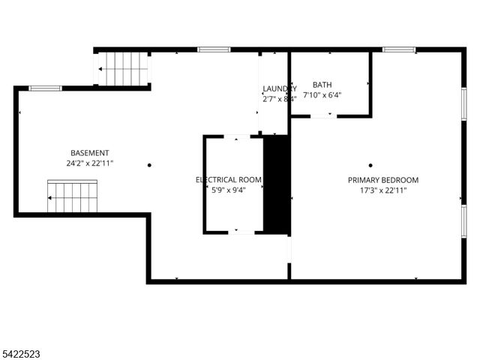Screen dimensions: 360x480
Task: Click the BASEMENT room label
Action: pos(90,152)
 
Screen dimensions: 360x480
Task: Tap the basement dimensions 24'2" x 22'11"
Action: pos(90,163)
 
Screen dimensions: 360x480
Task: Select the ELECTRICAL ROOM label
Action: pos(229,180)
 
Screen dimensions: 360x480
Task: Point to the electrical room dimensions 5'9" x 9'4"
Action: pos(229,190)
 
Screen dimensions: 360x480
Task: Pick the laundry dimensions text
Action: pos(279,98)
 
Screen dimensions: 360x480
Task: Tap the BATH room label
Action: pos(322,85)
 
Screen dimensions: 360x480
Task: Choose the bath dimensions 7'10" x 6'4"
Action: pos(322,95)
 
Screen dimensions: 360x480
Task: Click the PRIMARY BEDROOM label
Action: pos(383,180)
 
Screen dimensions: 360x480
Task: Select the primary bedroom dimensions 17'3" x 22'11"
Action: pos(383,190)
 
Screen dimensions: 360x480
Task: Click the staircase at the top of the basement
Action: pos(124,68)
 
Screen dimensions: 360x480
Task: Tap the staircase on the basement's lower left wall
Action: pos(73,196)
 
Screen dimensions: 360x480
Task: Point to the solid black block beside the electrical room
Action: pos(277,184)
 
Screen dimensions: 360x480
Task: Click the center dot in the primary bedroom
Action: pos(370,165)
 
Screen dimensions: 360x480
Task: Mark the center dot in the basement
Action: pos(149,165)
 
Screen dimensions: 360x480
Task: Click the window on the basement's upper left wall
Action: pos(45,88)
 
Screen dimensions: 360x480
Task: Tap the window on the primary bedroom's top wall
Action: pos(399,49)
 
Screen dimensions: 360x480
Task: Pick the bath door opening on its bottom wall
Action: pos(323,115)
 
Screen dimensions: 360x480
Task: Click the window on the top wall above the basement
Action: pos(214,49)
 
